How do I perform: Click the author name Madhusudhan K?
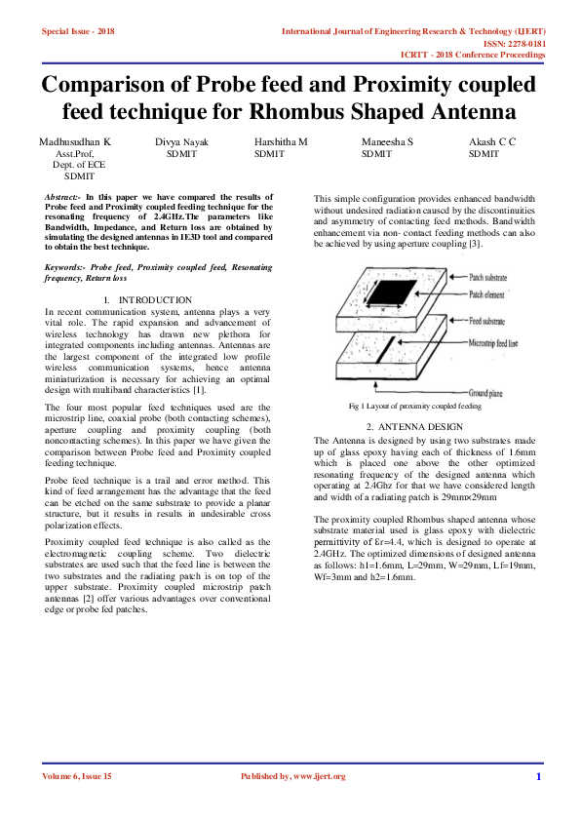(75, 142)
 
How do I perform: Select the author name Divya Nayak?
(181, 142)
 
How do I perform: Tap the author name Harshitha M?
(281, 142)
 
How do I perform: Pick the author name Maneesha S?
(387, 142)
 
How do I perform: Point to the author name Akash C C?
(492, 142)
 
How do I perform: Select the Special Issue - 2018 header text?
(78, 31)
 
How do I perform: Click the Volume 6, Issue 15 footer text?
(77, 776)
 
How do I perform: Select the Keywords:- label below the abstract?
(64, 266)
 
